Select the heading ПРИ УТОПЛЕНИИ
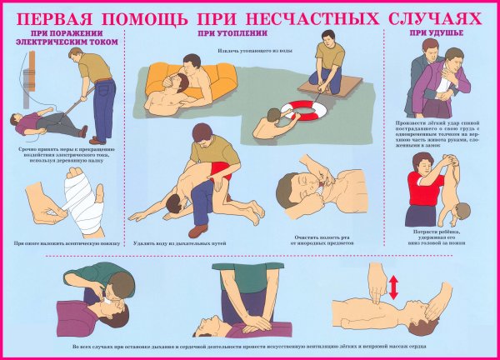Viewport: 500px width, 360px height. point(224,33)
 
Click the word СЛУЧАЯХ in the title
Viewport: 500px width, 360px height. point(434,16)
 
